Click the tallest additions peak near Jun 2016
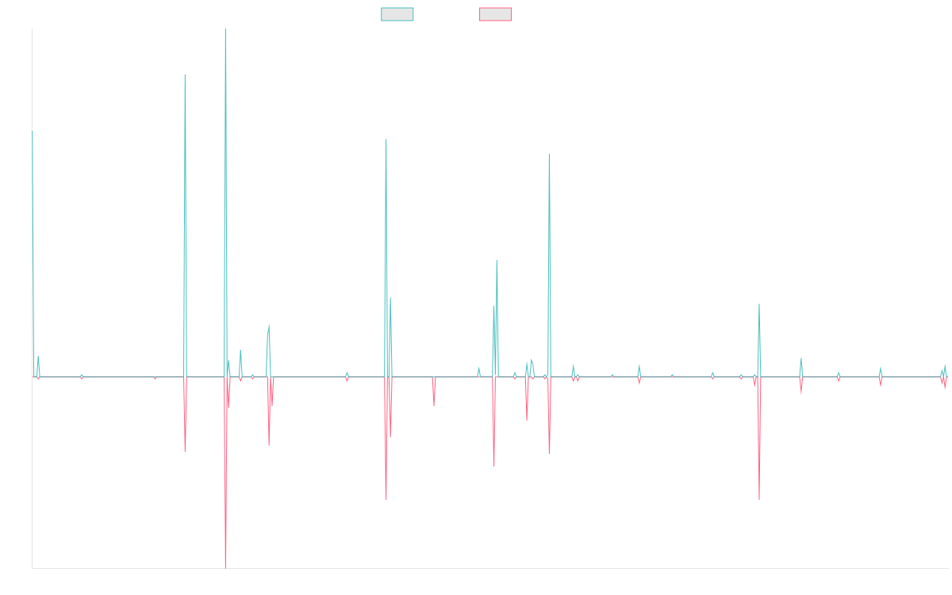(225, 30)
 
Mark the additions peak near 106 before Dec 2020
(549, 154)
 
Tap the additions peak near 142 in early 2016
(185, 75)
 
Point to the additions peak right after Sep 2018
(386, 140)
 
